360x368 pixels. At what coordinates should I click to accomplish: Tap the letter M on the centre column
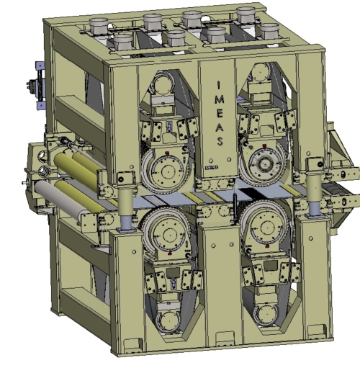(219, 99)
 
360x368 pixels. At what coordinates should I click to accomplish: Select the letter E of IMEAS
(220, 113)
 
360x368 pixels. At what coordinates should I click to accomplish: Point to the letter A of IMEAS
(220, 127)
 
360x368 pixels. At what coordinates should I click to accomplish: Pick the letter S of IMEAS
(220, 141)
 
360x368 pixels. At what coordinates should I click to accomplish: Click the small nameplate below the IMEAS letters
(212, 168)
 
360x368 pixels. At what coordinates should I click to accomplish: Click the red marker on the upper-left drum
(167, 153)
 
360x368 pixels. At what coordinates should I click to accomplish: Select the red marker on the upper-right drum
(264, 145)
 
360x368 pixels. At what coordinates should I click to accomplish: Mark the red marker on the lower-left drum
(170, 253)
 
